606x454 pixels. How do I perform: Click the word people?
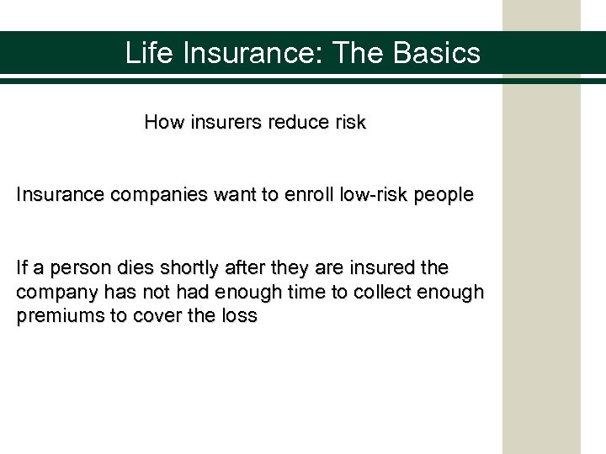(x=449, y=195)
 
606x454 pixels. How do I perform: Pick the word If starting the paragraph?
(x=23, y=268)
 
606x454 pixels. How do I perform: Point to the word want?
(x=235, y=195)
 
